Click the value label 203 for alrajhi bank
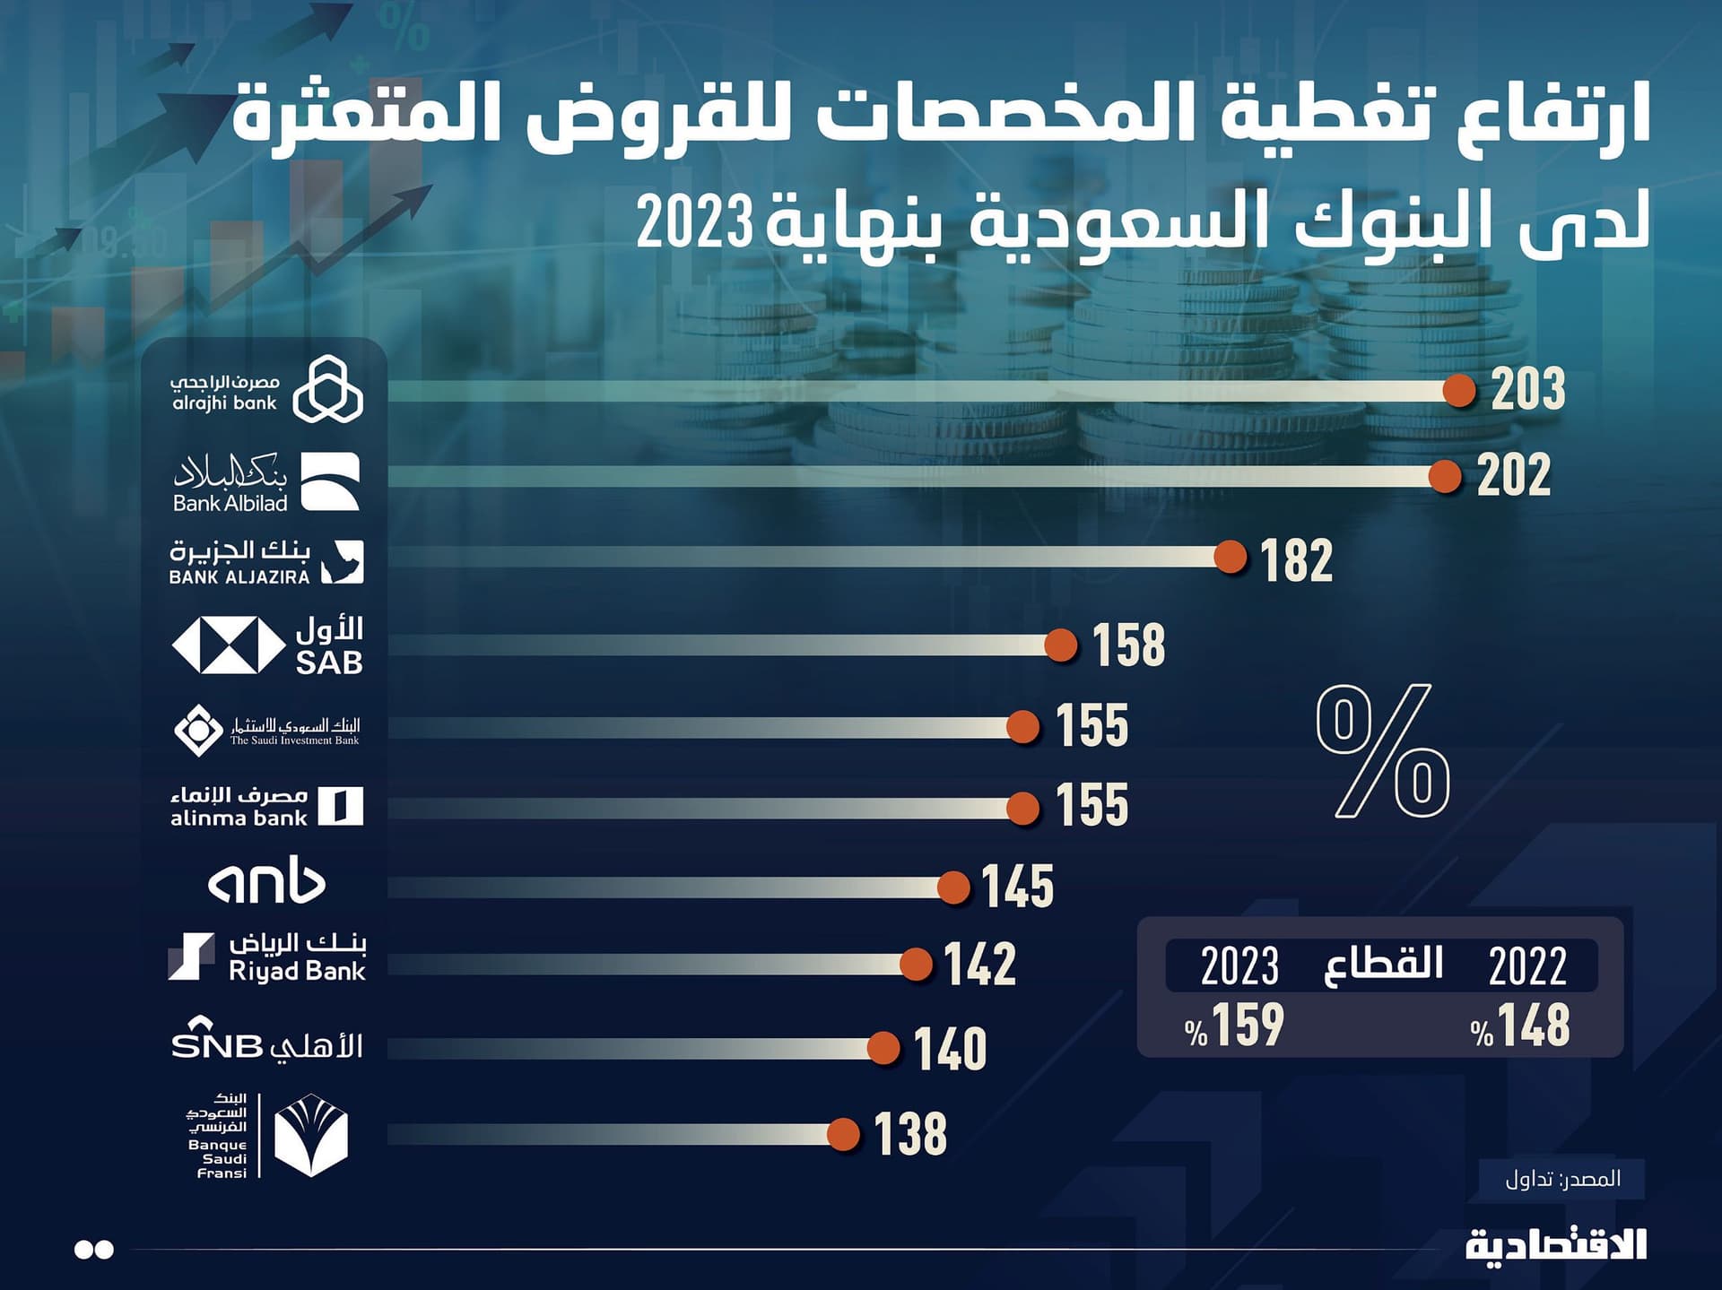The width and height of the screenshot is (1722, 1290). (1528, 389)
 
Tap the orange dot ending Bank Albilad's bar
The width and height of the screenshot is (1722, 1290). (1445, 476)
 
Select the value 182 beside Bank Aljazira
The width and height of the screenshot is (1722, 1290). (1296, 561)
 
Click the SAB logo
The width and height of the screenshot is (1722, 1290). (267, 645)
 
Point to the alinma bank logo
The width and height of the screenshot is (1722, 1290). (267, 806)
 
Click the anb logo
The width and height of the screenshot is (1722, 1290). (266, 883)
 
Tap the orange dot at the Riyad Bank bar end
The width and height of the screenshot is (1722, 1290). (916, 965)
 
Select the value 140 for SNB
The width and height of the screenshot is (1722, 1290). (950, 1049)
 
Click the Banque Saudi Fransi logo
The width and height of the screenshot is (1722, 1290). (267, 1135)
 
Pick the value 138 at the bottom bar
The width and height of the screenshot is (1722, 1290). (910, 1134)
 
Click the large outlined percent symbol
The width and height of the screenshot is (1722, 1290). (1382, 750)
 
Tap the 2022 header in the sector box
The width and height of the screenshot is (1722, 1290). (1527, 966)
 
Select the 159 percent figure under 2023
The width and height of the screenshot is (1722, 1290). (1235, 1026)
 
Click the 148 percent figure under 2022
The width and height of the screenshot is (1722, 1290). (1521, 1026)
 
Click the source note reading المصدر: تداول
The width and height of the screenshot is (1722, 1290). (1562, 1179)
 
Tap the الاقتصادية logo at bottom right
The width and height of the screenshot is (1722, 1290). (1556, 1246)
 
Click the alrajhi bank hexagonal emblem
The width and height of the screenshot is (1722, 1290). (328, 389)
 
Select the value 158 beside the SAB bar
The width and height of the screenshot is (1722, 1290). (1128, 645)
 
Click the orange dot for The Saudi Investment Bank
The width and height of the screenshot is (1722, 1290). (1023, 727)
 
